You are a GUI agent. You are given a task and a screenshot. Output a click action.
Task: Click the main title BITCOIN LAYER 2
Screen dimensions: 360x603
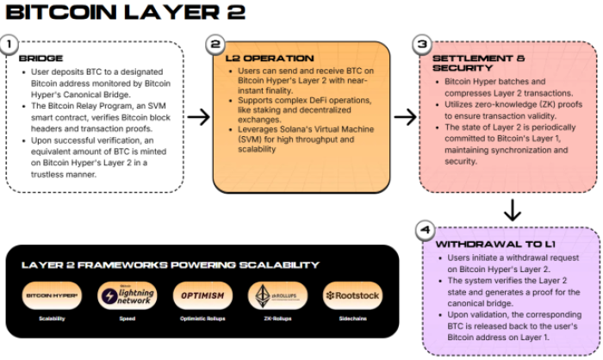point(125,13)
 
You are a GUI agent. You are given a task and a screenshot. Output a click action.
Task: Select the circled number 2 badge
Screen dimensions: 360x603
point(216,44)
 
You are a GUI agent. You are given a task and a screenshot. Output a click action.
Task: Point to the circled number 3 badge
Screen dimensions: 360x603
point(422,44)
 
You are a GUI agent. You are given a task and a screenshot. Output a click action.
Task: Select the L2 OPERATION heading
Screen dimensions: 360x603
point(258,58)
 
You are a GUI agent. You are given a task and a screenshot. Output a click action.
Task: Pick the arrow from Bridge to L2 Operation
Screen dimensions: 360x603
point(198,117)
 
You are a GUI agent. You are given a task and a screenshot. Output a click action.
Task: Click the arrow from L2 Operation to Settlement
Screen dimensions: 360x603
point(405,117)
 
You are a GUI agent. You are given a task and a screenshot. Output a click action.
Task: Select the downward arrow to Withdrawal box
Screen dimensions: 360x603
point(513,208)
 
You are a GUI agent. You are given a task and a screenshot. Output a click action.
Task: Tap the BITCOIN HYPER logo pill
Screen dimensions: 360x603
point(52,295)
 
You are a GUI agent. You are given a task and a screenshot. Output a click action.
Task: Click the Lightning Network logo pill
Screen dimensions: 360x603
point(127,295)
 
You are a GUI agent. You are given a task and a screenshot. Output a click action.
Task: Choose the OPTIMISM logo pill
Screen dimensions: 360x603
point(202,295)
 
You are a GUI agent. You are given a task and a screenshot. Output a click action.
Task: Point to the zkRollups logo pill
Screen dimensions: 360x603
point(277,295)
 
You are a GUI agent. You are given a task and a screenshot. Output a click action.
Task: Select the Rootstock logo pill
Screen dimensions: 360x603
point(351,295)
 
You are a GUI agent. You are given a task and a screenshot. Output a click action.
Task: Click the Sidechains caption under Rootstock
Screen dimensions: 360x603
point(351,319)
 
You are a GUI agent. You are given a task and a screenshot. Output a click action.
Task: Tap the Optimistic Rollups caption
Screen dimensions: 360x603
point(202,319)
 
